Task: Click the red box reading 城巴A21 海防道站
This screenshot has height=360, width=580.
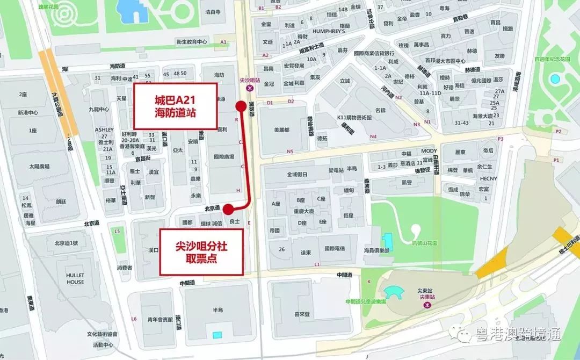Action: tap(175, 106)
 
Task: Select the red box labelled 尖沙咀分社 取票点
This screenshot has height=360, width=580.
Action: tap(201, 252)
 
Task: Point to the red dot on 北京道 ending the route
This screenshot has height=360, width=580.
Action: tap(228, 209)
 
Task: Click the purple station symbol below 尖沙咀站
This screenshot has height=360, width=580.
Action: tap(250, 88)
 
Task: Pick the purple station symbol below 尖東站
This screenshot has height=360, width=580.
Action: tap(427, 305)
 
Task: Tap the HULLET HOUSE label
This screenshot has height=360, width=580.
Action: tap(75, 278)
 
